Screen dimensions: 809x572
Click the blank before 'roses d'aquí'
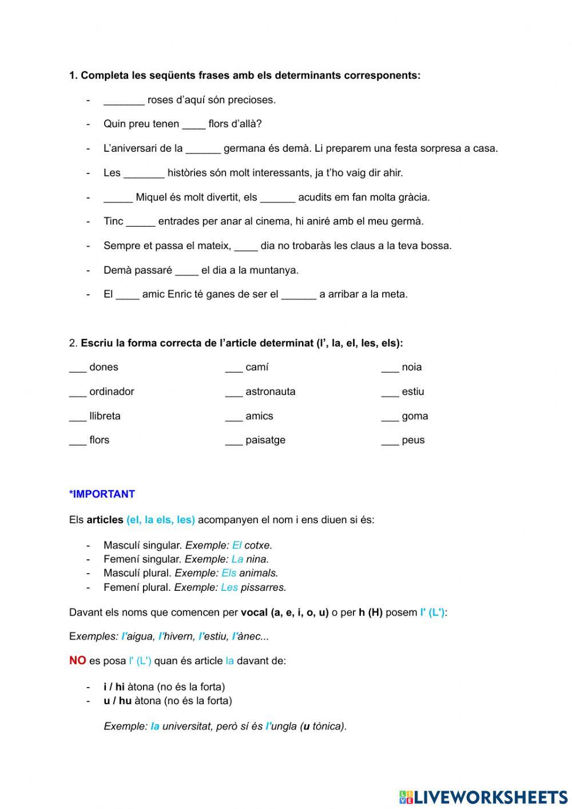click(124, 101)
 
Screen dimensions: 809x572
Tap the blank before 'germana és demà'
click(203, 149)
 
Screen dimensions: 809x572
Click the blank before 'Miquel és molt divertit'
click(118, 198)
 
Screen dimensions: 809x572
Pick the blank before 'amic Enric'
click(128, 295)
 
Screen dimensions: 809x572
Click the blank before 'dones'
click(77, 368)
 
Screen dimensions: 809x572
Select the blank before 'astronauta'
click(234, 393)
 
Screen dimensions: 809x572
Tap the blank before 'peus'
click(390, 441)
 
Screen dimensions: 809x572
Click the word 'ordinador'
click(112, 392)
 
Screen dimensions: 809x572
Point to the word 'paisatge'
click(265, 440)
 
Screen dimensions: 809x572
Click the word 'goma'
click(415, 416)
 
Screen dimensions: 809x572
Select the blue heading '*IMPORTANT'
click(102, 494)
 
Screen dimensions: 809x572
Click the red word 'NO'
click(77, 661)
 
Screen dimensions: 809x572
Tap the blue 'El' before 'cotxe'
click(237, 546)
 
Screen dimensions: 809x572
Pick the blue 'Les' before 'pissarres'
click(229, 587)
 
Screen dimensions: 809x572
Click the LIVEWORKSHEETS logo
click(483, 796)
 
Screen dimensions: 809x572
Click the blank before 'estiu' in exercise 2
click(390, 393)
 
